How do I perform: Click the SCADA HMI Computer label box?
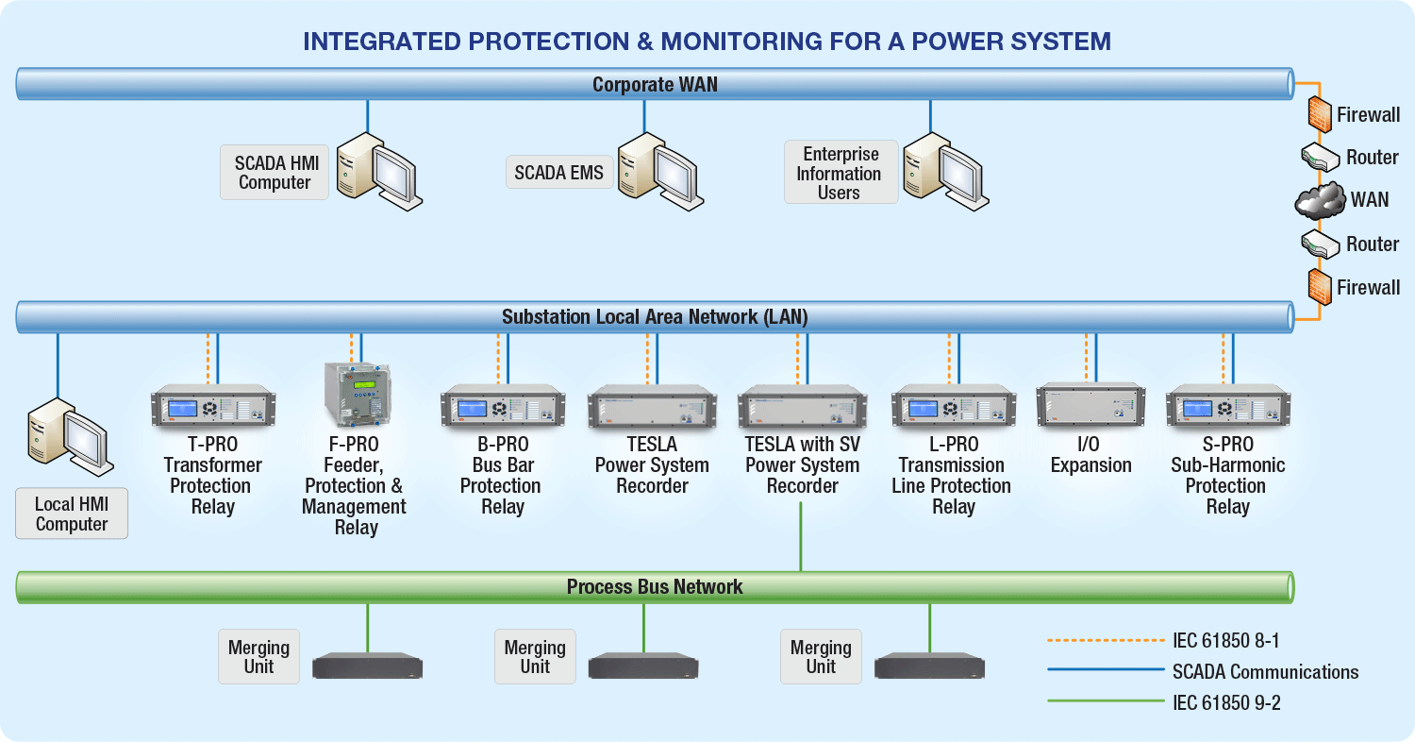(x=275, y=173)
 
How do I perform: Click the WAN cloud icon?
(x=1319, y=200)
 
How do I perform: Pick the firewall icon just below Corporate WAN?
(x=1319, y=114)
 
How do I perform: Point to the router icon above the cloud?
(x=1320, y=156)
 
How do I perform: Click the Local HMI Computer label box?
(x=72, y=514)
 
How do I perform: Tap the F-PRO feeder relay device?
(x=357, y=395)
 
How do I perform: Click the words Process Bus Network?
(x=655, y=587)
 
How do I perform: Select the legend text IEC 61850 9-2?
(x=1226, y=702)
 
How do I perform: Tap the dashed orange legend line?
(x=1106, y=640)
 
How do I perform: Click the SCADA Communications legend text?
(x=1265, y=672)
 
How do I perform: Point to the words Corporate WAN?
(x=655, y=85)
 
